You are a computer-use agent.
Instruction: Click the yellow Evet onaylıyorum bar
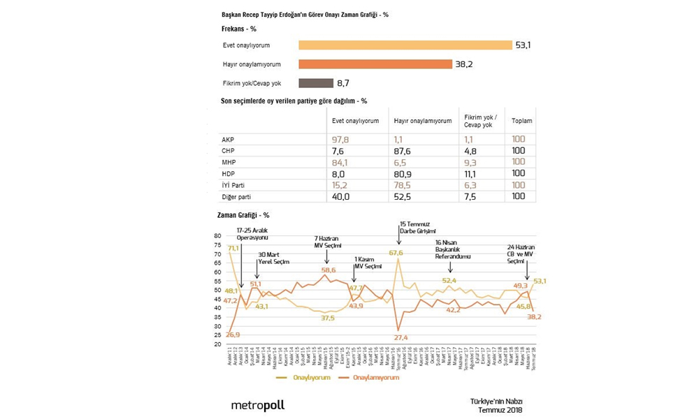(405, 45)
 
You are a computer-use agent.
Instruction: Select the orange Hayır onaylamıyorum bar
(375, 64)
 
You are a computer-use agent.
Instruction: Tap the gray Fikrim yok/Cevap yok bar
(316, 83)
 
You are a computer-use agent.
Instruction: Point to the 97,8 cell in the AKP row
(340, 139)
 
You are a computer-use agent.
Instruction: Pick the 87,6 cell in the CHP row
(403, 151)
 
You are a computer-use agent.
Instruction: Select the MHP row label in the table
(229, 162)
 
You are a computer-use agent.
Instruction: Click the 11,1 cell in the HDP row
(470, 173)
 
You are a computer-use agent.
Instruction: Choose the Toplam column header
(521, 120)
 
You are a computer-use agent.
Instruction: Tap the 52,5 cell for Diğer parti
(403, 196)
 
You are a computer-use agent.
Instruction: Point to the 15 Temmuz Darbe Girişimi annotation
(418, 228)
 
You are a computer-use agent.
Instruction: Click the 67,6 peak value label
(396, 253)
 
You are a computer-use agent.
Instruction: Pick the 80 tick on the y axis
(217, 235)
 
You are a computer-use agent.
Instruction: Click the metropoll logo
(258, 405)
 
